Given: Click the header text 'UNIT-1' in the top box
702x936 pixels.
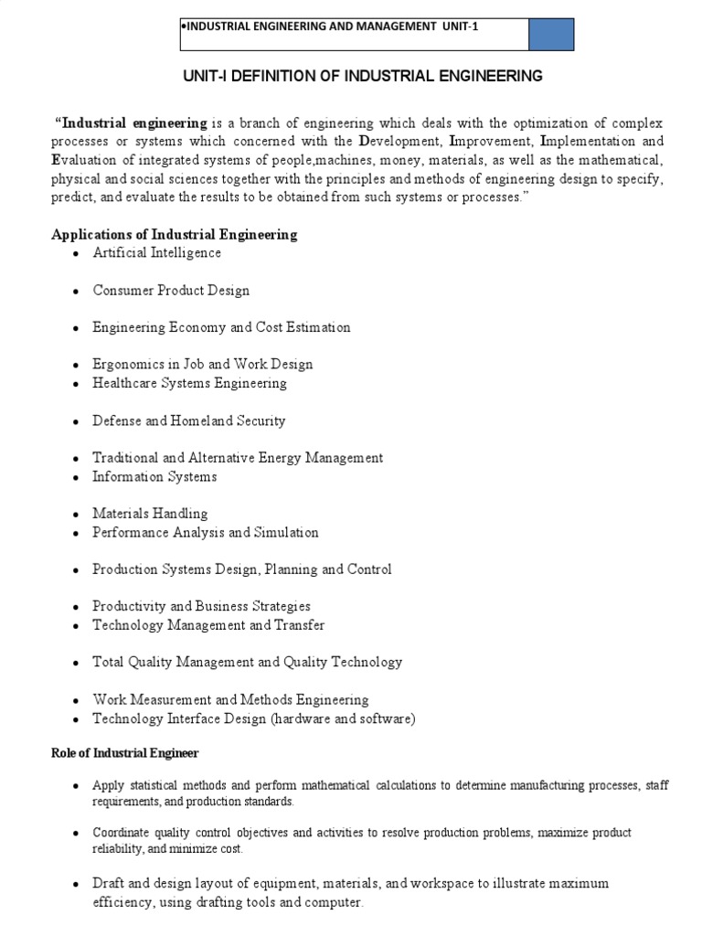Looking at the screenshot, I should [x=460, y=27].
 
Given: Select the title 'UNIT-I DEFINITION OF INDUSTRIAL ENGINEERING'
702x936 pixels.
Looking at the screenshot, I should [x=350, y=76].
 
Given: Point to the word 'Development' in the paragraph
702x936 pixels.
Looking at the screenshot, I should [x=400, y=142].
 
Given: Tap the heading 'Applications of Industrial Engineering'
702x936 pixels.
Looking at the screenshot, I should [x=174, y=234].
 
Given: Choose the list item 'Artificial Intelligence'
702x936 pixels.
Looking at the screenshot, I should [x=156, y=252].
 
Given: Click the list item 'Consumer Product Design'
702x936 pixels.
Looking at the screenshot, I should [x=171, y=290].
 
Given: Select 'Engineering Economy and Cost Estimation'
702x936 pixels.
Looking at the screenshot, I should [x=221, y=327].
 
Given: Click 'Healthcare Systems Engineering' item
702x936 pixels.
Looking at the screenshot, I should [x=189, y=383].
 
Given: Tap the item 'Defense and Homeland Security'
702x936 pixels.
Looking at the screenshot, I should [x=189, y=420].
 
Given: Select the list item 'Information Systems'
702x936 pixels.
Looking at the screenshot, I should [x=154, y=476].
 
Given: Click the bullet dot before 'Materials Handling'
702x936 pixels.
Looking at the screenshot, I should [x=74, y=515].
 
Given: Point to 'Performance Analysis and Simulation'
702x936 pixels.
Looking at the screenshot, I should [x=206, y=532].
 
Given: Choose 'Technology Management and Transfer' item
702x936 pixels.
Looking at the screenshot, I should [x=208, y=625].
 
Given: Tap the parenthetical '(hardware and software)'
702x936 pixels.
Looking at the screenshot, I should [x=343, y=718].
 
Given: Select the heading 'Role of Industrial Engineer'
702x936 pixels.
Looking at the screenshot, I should [x=124, y=753].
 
